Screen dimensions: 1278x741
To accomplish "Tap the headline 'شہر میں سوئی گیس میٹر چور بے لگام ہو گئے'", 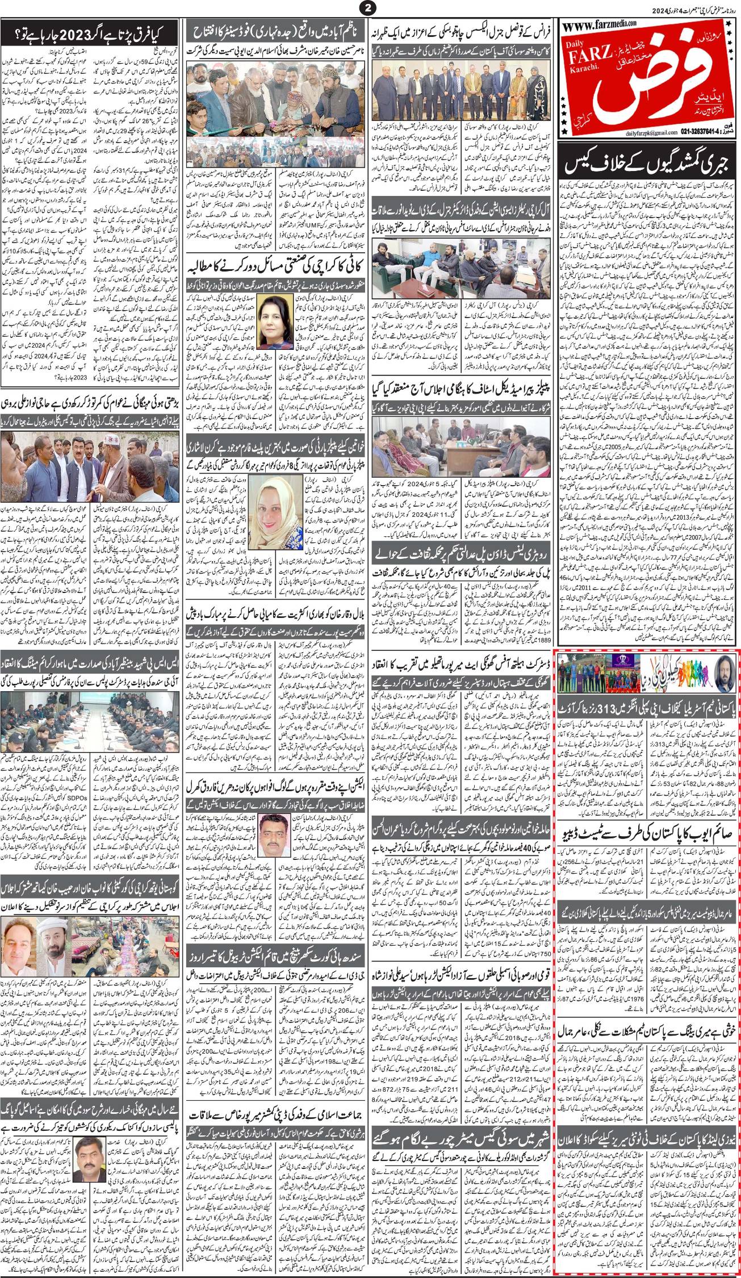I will click(x=461, y=1121).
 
